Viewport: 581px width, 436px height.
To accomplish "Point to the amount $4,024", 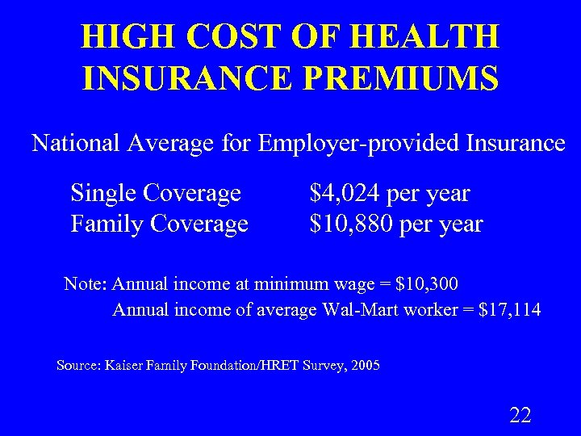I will [345, 194].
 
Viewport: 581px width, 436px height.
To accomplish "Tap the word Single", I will [102, 194].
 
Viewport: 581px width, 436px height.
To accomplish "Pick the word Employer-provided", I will [359, 144].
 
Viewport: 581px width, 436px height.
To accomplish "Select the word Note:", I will [86, 284].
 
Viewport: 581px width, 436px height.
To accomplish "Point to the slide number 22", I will [520, 416].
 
